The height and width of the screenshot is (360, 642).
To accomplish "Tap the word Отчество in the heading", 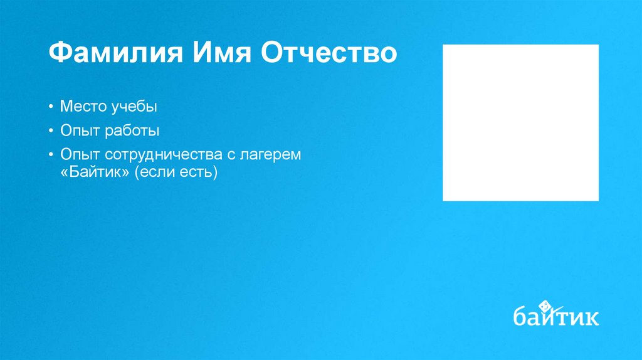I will [x=328, y=53].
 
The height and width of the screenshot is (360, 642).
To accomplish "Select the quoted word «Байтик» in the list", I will [x=93, y=172].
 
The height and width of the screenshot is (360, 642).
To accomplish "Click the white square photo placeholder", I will [x=520, y=122].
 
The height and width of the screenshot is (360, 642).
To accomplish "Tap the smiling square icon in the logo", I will [x=545, y=305].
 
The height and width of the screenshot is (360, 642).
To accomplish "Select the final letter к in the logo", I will [x=591, y=317].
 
